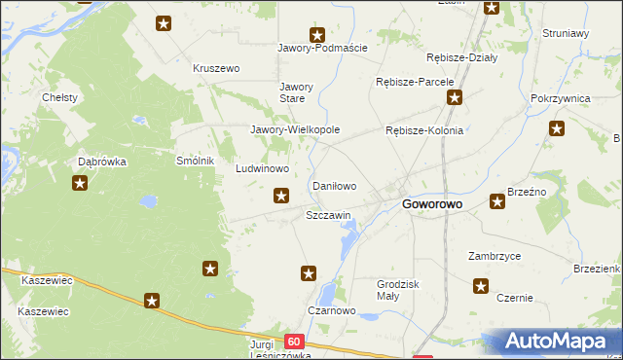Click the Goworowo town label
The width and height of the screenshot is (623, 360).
[432, 204]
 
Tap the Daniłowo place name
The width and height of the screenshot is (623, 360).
[334, 185]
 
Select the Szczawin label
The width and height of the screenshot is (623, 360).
[328, 214]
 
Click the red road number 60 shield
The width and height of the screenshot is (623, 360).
[294, 342]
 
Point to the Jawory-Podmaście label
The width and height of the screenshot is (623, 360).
[316, 48]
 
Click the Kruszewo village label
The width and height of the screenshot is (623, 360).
[216, 68]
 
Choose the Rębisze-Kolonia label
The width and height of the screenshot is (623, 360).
[424, 130]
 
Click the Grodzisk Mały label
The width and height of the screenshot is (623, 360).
[397, 290]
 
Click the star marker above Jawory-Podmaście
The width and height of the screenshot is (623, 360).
[316, 34]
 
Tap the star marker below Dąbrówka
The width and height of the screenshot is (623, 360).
[80, 182]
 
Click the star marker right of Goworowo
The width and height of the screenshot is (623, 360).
[497, 201]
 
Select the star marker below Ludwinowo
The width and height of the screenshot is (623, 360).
[281, 196]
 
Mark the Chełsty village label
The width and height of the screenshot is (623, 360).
[59, 98]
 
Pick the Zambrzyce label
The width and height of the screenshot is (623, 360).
[494, 256]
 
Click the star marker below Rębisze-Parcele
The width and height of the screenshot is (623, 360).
[454, 97]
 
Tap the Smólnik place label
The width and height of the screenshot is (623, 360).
[195, 161]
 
